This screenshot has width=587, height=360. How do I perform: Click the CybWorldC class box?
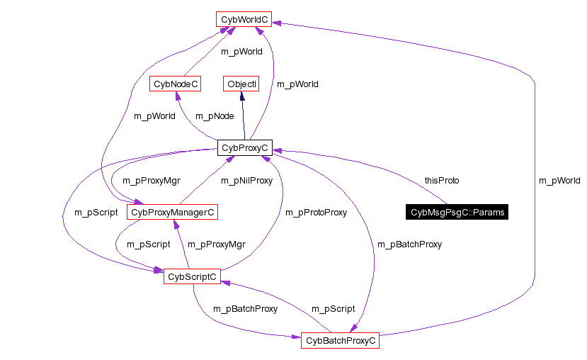point(244,18)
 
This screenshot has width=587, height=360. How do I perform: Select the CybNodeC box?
point(175,84)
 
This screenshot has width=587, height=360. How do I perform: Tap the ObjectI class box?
point(241,84)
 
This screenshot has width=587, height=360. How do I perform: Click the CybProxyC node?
point(244,148)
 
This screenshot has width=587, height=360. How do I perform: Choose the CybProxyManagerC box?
point(172,212)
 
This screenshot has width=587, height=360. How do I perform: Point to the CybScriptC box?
point(192,276)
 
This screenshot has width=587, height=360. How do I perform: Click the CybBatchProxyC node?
point(340,341)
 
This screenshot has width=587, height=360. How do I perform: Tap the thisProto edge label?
point(441,181)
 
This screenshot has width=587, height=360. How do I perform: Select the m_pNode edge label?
point(215,116)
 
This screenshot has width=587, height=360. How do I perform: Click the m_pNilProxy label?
point(246,181)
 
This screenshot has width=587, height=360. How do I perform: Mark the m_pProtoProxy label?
point(316,212)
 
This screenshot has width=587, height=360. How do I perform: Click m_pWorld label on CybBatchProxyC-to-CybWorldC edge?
point(559,181)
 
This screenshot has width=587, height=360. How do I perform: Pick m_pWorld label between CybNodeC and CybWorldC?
point(241,52)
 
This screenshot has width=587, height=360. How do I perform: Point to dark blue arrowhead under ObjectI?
point(242,96)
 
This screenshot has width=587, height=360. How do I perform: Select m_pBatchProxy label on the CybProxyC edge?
point(409,244)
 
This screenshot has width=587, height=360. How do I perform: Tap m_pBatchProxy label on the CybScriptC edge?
point(245,309)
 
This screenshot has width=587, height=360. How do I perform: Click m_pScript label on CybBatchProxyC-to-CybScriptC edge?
point(334,309)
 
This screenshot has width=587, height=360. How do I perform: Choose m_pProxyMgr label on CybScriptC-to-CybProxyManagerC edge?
point(216,244)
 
